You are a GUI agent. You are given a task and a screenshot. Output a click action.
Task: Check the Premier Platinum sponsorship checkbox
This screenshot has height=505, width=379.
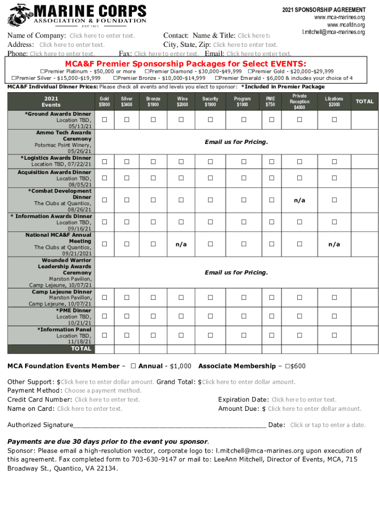42,72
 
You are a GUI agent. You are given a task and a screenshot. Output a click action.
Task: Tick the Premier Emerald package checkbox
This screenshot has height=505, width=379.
217,78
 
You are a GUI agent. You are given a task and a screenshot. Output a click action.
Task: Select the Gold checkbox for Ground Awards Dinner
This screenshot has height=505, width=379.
104,120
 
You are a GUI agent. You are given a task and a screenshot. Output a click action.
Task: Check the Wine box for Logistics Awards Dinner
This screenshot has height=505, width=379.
182,162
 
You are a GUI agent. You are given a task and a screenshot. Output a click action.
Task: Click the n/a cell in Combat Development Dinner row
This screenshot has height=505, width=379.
300,200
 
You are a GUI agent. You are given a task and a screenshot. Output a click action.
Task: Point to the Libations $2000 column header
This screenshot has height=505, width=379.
334,101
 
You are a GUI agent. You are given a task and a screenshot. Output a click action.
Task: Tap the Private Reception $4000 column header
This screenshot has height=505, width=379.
299,102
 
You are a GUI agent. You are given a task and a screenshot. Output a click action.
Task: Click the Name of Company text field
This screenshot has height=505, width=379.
102,36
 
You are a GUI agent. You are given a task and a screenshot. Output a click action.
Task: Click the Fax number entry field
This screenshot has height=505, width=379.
166,54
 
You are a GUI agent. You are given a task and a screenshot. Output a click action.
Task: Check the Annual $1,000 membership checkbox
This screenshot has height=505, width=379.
133,366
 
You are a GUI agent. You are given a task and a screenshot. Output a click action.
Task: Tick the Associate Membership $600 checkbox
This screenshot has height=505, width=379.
287,366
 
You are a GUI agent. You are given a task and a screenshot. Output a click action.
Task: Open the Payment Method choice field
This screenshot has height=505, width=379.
102,391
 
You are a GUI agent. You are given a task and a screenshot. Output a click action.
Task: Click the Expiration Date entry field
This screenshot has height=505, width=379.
304,399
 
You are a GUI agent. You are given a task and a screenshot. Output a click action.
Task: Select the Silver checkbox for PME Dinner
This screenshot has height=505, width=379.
126,317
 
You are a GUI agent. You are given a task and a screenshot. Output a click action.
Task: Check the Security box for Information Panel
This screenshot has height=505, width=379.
210,335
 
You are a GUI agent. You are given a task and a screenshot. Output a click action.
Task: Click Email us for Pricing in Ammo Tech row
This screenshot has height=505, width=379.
236,142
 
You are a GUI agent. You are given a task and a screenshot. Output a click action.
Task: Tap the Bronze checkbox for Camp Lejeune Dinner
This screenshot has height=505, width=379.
153,297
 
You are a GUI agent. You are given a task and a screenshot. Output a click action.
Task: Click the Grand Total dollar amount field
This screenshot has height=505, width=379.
249,382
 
